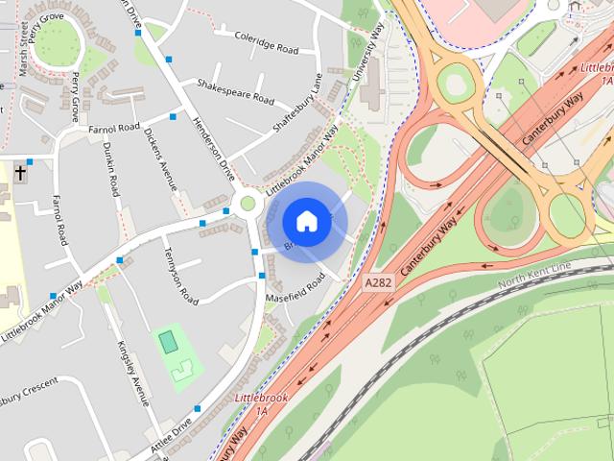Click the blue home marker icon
pos(306,222)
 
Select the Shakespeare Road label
pos(235,92)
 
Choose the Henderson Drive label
pos(213,149)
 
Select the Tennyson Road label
pos(178,277)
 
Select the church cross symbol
pos(20,176)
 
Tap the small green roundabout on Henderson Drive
pos(248,203)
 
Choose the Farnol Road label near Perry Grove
pos(113,127)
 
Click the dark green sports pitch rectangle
pos(168,340)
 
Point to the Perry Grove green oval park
pos(58,41)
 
